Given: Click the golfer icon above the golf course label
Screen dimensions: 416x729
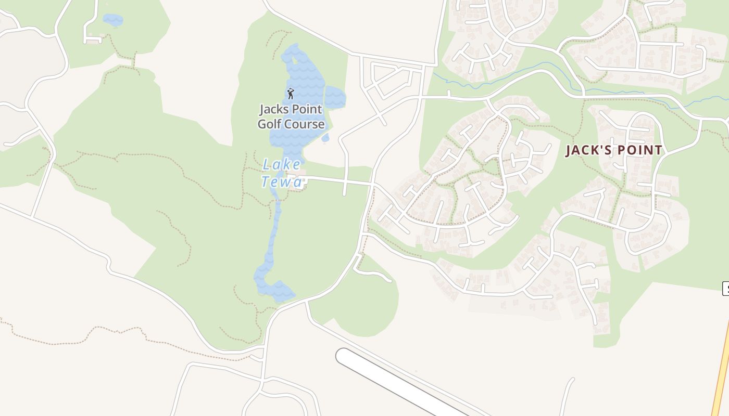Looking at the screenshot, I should pyautogui.click(x=291, y=94).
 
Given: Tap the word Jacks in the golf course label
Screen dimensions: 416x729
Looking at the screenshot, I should pyautogui.click(x=273, y=110).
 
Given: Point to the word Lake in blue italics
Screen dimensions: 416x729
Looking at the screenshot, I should pyautogui.click(x=281, y=165).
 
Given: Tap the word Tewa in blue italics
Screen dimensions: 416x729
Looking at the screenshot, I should pyautogui.click(x=281, y=182).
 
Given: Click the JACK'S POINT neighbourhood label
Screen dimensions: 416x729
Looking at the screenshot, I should pyautogui.click(x=614, y=150).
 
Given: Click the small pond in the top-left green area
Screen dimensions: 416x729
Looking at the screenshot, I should pyautogui.click(x=113, y=20).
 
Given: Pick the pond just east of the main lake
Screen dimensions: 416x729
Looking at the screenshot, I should pyautogui.click(x=335, y=97).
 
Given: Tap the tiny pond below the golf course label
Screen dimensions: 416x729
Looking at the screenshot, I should pyautogui.click(x=325, y=138).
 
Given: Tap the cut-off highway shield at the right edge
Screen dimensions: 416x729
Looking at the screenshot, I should pyautogui.click(x=725, y=288).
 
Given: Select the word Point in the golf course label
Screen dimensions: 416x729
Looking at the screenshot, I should pyautogui.click(x=307, y=110).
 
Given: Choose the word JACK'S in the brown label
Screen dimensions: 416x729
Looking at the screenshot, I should pyautogui.click(x=587, y=150).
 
